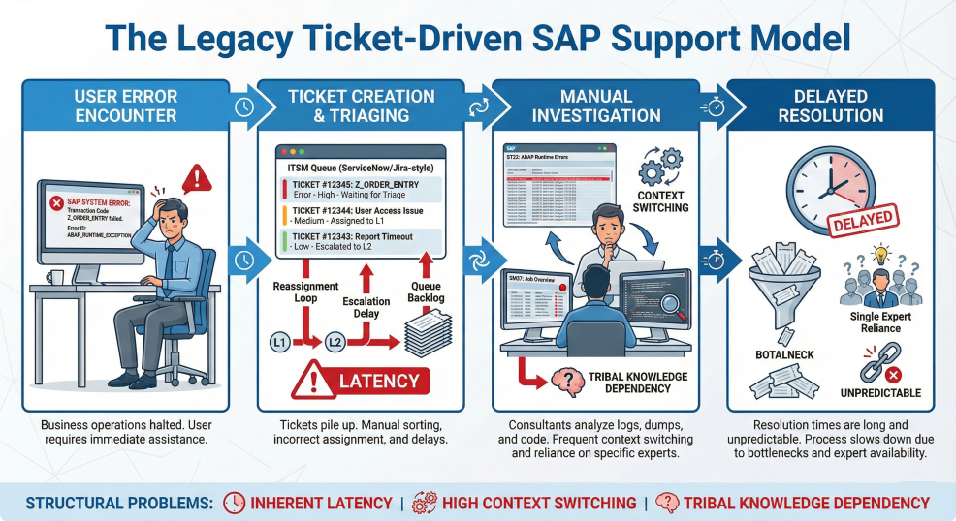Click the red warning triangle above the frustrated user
(x=196, y=177)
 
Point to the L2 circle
(x=335, y=341)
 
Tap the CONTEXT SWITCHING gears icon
(x=659, y=170)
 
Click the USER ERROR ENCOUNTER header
(x=125, y=105)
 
